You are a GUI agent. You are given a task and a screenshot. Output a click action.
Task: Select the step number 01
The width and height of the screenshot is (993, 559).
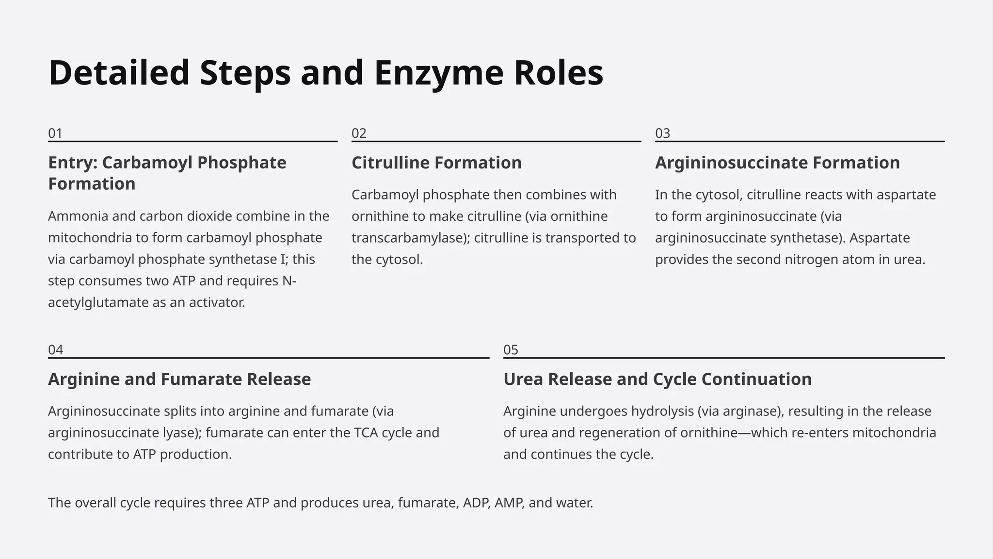[x=55, y=133]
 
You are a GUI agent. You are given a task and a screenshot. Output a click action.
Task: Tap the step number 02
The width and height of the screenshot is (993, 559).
[x=359, y=133]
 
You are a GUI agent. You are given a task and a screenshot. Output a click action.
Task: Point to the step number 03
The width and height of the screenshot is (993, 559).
[x=662, y=133]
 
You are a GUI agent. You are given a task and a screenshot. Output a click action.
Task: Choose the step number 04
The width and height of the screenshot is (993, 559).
[x=55, y=350]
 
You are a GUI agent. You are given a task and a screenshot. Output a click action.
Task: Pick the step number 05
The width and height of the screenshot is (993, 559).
[x=511, y=350]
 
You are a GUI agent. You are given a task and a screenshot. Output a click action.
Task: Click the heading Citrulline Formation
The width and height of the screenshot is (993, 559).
[x=436, y=163]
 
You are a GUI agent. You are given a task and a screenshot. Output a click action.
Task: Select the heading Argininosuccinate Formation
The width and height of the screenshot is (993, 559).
[x=777, y=163]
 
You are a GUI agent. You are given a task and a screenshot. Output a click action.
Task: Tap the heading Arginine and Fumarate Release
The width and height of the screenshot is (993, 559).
[x=179, y=379]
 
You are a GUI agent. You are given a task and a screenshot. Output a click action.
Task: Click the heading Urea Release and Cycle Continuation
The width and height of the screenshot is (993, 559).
[x=657, y=379]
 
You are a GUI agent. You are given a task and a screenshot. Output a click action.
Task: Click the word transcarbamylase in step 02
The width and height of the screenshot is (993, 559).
[x=409, y=238]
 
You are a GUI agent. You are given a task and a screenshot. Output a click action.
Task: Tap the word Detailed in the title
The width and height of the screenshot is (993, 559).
[x=119, y=73]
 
